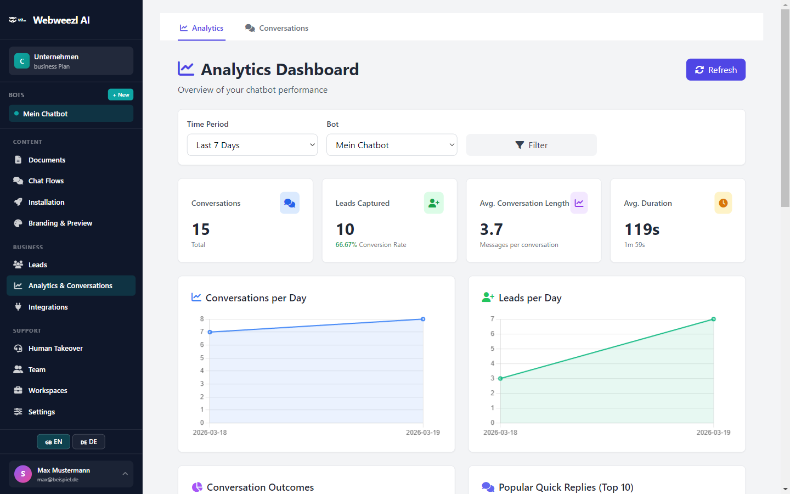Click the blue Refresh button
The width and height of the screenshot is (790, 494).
pyautogui.click(x=715, y=70)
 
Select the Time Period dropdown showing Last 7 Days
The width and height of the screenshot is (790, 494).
pyautogui.click(x=252, y=145)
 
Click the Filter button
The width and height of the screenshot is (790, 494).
pyautogui.click(x=531, y=145)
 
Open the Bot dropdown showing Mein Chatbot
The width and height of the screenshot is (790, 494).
pyautogui.click(x=392, y=145)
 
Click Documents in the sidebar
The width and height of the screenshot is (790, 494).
pyautogui.click(x=47, y=160)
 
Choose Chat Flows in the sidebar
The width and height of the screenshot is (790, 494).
pyautogui.click(x=46, y=181)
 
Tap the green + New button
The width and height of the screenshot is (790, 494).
pyautogui.click(x=121, y=94)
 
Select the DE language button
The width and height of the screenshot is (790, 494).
pyautogui.click(x=89, y=442)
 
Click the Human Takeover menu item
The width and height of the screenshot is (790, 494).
pyautogui.click(x=55, y=348)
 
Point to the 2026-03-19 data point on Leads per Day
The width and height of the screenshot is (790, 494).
pyautogui.click(x=713, y=319)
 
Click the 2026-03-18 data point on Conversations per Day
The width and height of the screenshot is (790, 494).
pyautogui.click(x=210, y=332)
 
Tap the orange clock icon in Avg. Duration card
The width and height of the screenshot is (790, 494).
pyautogui.click(x=723, y=203)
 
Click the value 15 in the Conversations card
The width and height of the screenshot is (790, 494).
pyautogui.click(x=201, y=229)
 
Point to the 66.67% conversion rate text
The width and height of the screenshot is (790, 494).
pyautogui.click(x=346, y=245)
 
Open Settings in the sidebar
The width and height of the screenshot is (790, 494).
pyautogui.click(x=42, y=412)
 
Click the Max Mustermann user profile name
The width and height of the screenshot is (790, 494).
pyautogui.click(x=64, y=470)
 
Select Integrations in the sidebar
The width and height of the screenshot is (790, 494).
pyautogui.click(x=48, y=307)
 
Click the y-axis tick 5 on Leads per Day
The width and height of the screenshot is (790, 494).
pyautogui.click(x=492, y=349)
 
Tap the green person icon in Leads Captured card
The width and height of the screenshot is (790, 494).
pyautogui.click(x=434, y=203)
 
